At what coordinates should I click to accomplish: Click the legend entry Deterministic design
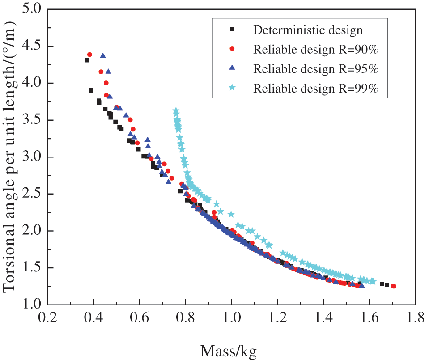(x=308, y=30)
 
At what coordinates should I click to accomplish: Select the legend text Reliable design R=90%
(x=316, y=50)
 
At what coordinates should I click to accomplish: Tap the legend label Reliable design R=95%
(x=316, y=69)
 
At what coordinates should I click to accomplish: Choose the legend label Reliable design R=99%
(x=316, y=88)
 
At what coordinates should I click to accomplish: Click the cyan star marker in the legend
(x=232, y=88)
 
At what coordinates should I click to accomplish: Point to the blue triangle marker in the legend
(x=232, y=68)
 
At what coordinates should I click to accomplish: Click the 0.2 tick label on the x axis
(x=47, y=320)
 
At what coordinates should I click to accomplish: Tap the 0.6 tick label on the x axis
(x=139, y=320)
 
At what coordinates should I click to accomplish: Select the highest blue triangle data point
(x=103, y=56)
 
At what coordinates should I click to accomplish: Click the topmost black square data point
(x=87, y=60)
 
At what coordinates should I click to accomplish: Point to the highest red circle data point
(x=89, y=55)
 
